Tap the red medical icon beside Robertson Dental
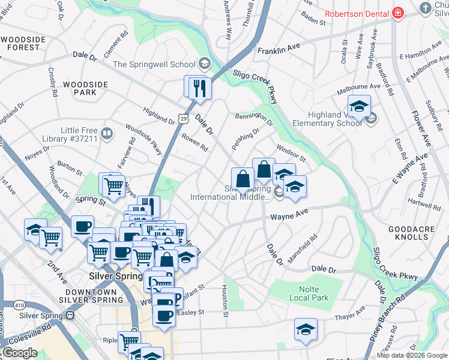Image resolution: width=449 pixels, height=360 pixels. [x=397, y=13]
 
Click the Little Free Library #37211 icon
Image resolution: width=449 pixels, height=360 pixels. [x=107, y=133]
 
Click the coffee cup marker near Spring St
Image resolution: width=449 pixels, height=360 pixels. [x=82, y=227]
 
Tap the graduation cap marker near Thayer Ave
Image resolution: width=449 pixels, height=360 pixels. [x=306, y=329]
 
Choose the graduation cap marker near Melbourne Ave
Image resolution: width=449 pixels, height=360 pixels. [x=358, y=106]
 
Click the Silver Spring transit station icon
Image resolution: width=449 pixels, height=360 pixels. [x=70, y=314]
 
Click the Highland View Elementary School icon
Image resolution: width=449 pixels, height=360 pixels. [x=371, y=118]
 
